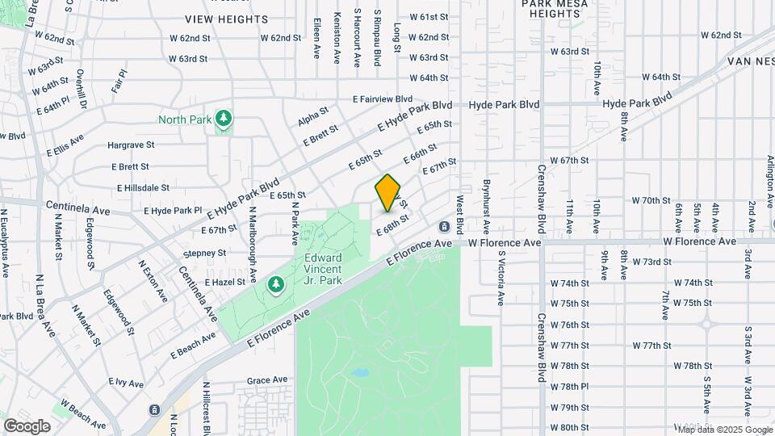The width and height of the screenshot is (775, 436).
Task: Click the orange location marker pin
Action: [x=388, y=192]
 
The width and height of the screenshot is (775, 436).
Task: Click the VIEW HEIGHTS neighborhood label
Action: [x=226, y=19]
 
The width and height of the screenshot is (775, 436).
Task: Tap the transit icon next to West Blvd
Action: [x=443, y=227]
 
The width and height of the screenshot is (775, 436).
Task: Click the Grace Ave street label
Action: [x=267, y=379]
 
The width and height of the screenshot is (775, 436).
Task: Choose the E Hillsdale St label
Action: [x=143, y=187]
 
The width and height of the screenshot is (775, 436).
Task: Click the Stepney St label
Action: [x=204, y=254]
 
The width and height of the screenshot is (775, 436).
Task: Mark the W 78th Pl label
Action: [x=570, y=386]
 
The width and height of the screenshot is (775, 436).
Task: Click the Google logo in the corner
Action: [x=27, y=426]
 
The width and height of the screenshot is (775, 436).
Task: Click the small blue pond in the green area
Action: [x=360, y=374]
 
